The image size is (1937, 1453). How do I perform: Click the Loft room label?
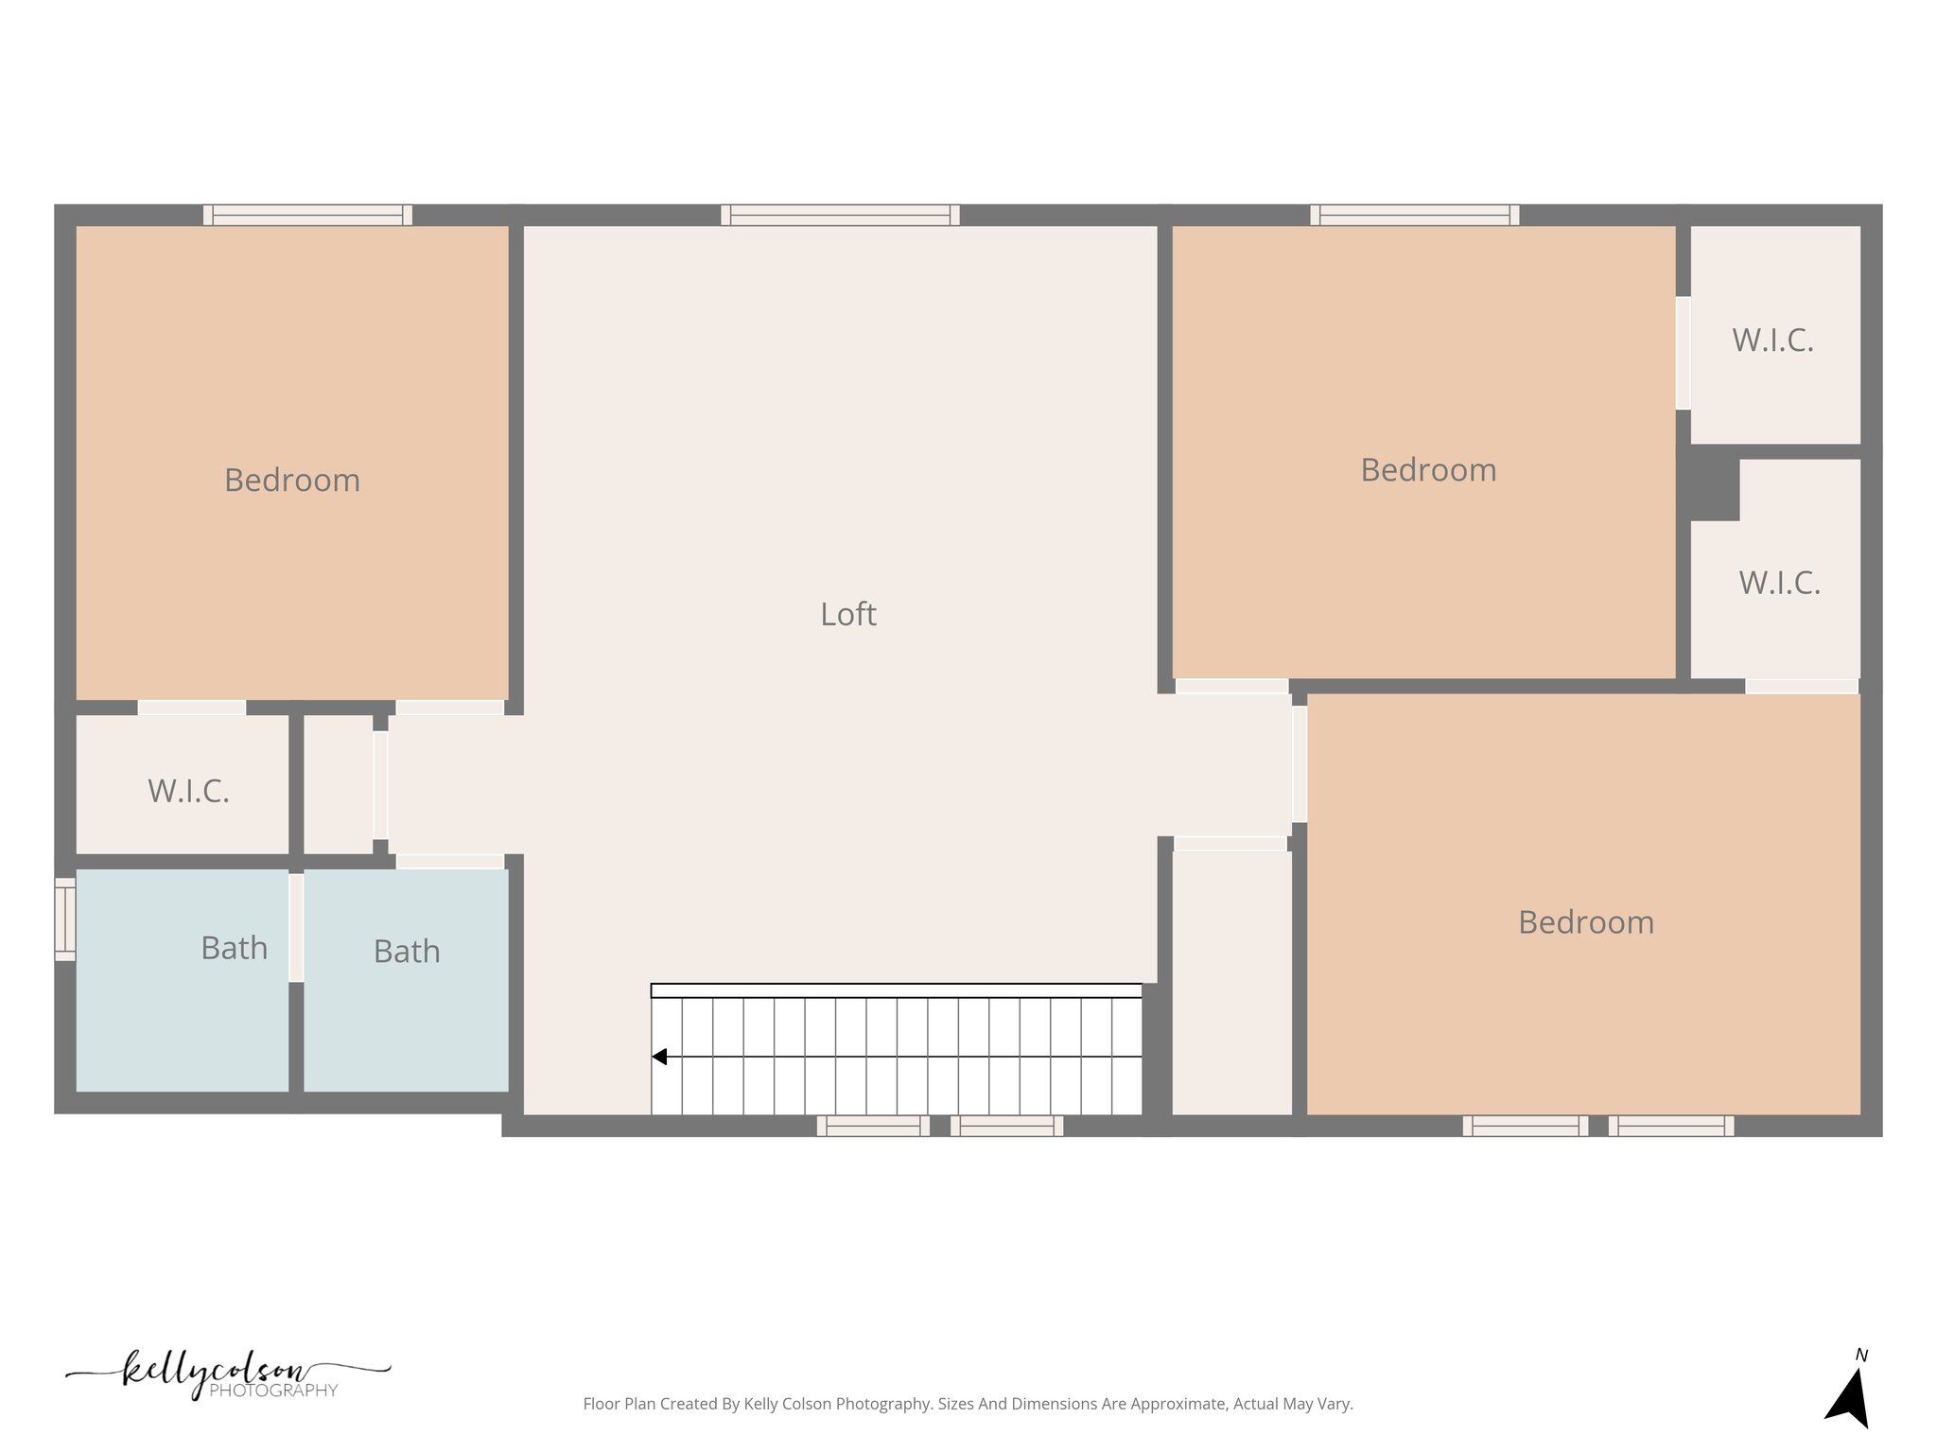tap(847, 615)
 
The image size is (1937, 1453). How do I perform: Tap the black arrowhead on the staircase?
tap(660, 1057)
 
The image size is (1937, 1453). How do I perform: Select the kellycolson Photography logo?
tap(227, 1375)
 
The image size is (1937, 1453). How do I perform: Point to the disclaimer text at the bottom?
tap(968, 1404)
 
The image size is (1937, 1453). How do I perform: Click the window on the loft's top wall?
tap(840, 216)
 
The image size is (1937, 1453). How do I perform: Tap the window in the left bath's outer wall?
tap(64, 919)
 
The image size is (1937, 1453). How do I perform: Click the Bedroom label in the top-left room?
tap(292, 481)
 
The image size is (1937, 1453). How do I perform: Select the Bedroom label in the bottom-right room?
tap(1586, 922)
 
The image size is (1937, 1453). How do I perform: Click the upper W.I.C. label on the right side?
tap(1772, 341)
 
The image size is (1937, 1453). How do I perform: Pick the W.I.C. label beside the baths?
tap(188, 792)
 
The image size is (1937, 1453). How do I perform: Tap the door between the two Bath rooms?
tap(296, 928)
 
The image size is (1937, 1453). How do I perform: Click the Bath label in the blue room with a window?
tap(234, 948)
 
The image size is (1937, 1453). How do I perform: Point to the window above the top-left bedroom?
tap(307, 216)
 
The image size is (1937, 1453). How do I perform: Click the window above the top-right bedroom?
tap(1414, 216)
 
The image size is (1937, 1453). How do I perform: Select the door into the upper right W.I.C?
tap(1684, 354)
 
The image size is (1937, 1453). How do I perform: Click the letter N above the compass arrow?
tap(1861, 1356)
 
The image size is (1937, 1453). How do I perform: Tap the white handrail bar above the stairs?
tap(896, 990)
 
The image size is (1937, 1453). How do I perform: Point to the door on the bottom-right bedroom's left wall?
tap(1300, 764)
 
